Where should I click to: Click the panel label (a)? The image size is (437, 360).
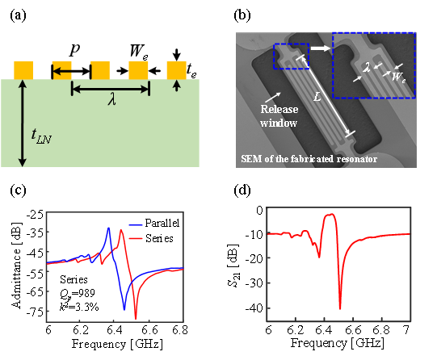(18, 15)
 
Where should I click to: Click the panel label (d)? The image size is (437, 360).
(242, 190)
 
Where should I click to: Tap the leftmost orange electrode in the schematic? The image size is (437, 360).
(23, 70)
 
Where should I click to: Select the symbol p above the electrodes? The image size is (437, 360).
(74, 50)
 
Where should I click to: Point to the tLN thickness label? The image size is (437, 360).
(41, 136)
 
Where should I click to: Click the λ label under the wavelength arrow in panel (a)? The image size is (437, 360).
(111, 99)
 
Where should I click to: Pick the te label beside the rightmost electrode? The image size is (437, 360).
(191, 70)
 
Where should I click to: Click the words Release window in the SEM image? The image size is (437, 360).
(279, 115)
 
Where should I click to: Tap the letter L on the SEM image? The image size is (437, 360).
(317, 96)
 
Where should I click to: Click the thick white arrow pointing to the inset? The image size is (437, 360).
(321, 48)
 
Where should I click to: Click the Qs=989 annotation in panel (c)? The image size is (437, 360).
(78, 293)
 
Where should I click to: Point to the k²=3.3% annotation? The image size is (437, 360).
(79, 307)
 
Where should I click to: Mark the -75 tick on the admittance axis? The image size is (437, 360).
(34, 312)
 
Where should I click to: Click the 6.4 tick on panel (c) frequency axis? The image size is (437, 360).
(114, 330)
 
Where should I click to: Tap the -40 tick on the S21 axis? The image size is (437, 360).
(254, 308)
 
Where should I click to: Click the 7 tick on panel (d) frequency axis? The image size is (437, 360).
(407, 330)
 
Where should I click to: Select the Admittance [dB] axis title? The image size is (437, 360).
(17, 265)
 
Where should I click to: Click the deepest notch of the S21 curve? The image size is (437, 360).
(340, 308)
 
